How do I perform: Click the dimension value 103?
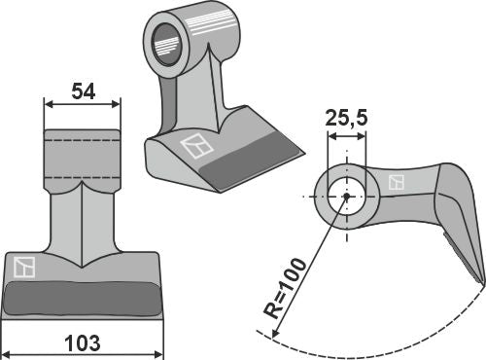[x=81, y=342]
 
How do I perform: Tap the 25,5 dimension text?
[x=347, y=121]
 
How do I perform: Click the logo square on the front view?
[x=24, y=265]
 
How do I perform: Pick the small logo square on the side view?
[x=396, y=182]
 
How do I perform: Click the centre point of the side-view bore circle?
[x=346, y=197]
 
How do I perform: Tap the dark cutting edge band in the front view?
[x=81, y=296]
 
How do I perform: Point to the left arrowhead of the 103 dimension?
[x=6, y=351]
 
